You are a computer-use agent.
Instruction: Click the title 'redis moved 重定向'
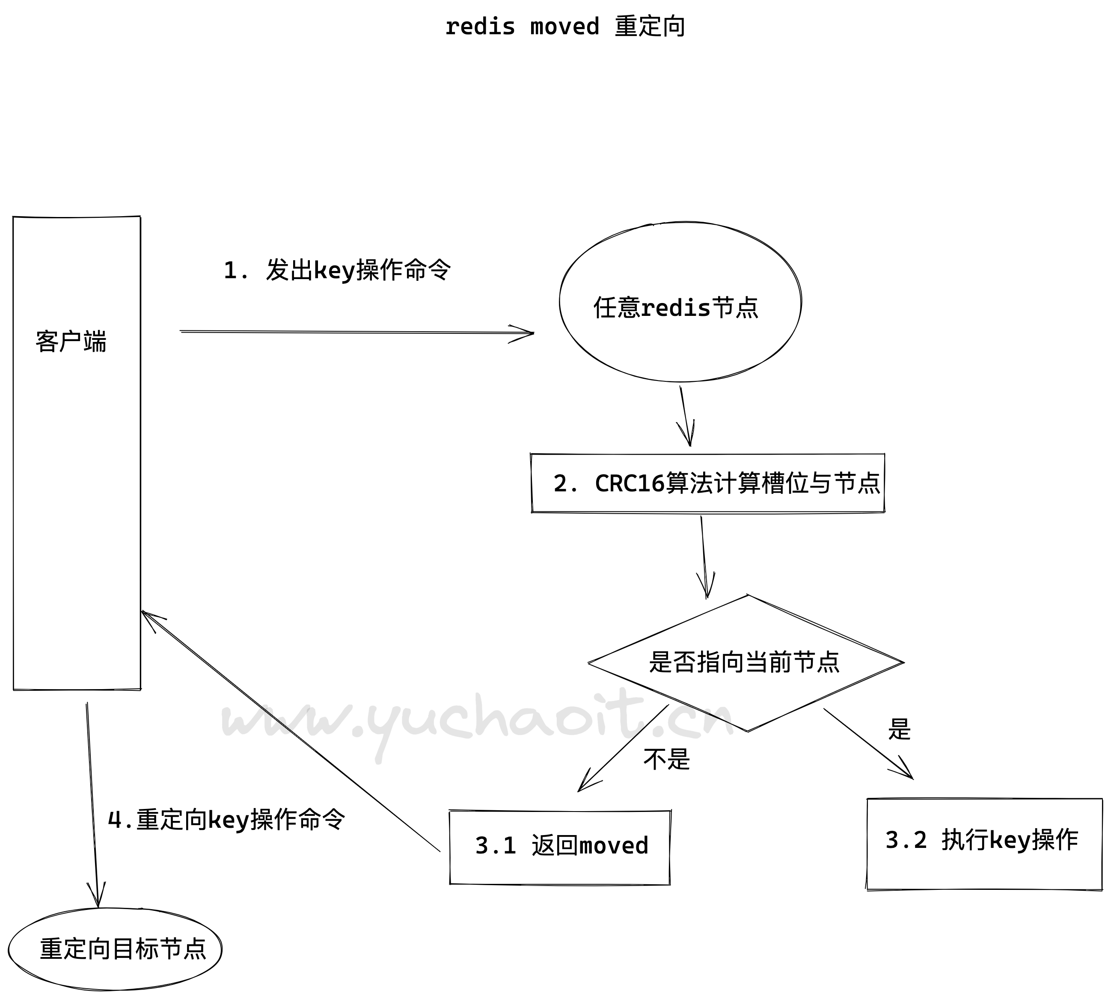point(565,27)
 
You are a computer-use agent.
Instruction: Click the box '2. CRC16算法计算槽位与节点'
point(707,484)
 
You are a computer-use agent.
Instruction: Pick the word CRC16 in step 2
point(630,484)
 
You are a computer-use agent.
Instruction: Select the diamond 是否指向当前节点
point(746,663)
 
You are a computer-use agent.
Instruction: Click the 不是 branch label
point(666,760)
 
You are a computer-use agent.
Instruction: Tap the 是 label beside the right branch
point(899,729)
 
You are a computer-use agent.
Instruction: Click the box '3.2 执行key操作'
point(984,840)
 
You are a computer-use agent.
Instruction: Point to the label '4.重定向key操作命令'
point(226,820)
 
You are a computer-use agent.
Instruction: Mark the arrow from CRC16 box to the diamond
point(704,554)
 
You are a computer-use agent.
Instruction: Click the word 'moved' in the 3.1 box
point(614,846)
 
